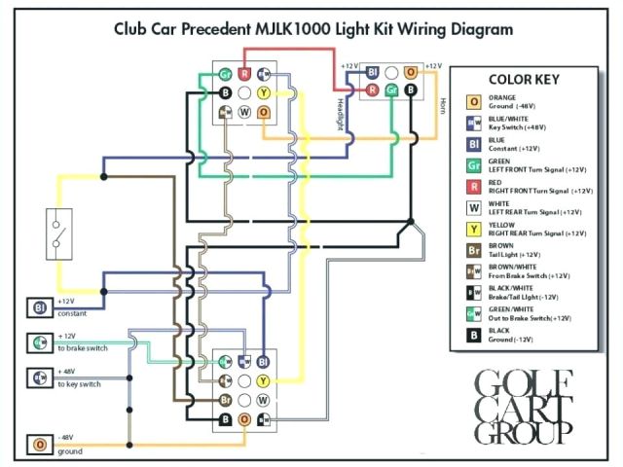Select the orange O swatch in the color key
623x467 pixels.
coord(473,101)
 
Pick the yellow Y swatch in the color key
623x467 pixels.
coord(473,230)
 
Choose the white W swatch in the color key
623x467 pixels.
coord(473,208)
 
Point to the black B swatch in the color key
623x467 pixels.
coord(473,336)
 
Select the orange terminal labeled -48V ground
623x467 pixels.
coord(39,446)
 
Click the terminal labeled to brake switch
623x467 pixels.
coord(39,342)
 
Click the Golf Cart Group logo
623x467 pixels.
coord(521,406)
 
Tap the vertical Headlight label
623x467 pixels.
coord(342,113)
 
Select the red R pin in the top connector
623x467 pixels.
coord(245,73)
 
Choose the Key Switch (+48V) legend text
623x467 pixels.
coord(527,126)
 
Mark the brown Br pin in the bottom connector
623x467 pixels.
coord(225,400)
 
